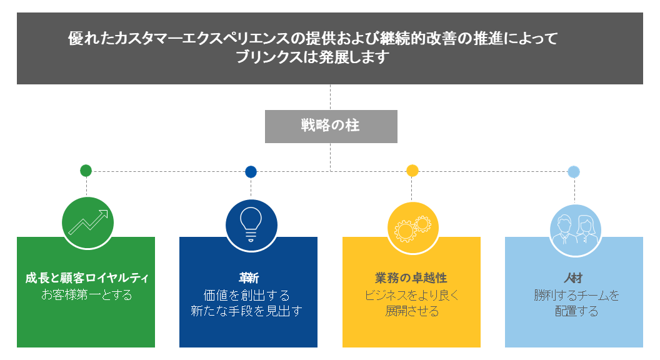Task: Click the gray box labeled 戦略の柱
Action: tap(331, 126)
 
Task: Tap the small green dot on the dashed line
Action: tap(86, 171)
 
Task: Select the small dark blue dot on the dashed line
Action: tap(251, 171)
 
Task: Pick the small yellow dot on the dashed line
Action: tap(412, 171)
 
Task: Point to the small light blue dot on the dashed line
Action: tap(574, 171)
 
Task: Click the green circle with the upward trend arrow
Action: tap(87, 222)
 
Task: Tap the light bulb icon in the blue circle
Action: tap(251, 224)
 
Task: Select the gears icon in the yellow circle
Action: tap(413, 229)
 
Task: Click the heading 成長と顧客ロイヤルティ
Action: tap(87, 278)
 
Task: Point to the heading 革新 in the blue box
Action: tap(249, 278)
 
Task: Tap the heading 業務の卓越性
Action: tap(411, 278)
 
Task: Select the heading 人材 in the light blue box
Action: tap(573, 278)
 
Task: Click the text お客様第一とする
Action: tap(87, 295)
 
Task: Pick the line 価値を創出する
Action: tap(247, 295)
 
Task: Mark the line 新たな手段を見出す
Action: tap(247, 311)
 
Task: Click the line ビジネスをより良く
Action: tap(412, 295)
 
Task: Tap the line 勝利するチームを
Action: tap(577, 295)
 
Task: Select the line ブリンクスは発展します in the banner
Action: tap(312, 57)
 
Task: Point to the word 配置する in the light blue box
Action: tap(577, 311)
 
